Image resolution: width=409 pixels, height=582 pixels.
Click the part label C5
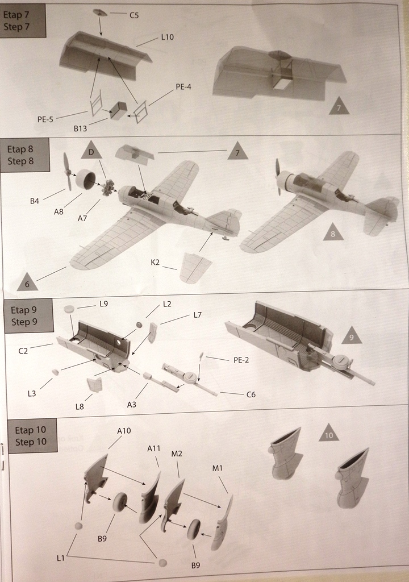134,15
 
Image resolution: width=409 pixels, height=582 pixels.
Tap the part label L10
167,37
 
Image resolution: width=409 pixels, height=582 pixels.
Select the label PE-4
183,87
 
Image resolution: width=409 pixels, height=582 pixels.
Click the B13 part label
81,129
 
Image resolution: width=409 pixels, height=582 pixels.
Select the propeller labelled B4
68,172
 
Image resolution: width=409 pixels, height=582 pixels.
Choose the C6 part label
251,394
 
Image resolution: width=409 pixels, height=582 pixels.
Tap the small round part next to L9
69,309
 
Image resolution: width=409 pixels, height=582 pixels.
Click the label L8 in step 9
81,406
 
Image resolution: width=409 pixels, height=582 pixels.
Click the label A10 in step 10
124,431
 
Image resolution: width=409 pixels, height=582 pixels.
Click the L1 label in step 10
61,559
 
